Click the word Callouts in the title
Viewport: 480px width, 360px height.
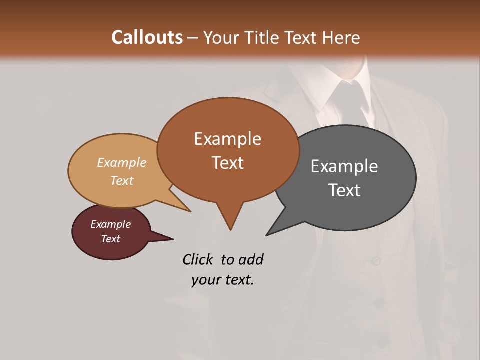(147, 37)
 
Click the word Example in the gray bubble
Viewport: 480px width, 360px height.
(344, 166)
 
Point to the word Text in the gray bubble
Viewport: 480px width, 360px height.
(344, 190)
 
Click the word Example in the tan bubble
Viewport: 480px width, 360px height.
(122, 163)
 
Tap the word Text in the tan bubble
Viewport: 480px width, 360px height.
(122, 180)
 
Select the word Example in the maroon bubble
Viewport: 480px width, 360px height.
(111, 224)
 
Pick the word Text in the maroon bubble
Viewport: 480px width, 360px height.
(111, 239)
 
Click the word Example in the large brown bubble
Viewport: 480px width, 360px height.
(227, 139)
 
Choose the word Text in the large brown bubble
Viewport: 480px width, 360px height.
(227, 163)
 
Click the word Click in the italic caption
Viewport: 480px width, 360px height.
(198, 259)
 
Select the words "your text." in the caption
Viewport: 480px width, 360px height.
(223, 280)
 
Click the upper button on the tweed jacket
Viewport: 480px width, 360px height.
(375, 260)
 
